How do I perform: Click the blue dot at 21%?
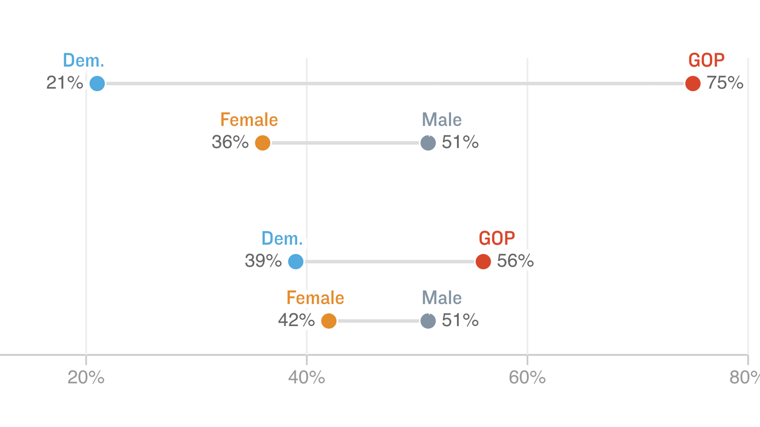pos(97,84)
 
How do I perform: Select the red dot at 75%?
pos(693,84)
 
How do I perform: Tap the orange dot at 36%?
pos(263,143)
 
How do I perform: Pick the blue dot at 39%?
pos(295,262)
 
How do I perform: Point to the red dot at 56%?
pos(483,262)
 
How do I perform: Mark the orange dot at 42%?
pos(329,321)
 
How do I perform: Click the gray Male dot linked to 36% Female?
pos(428,143)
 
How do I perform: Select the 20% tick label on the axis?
pos(86,378)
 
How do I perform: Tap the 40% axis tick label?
pos(307,378)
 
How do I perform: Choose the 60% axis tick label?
pos(527,378)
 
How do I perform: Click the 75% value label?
pos(725,83)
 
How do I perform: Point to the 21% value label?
pos(65,83)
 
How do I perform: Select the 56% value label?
pos(515,261)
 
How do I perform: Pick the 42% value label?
pos(296,320)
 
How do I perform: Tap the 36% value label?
pos(230,142)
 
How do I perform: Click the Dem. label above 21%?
pos(84,60)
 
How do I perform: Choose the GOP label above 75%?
pos(706,60)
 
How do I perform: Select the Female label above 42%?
pos(315,298)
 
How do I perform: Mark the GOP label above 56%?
pos(497,238)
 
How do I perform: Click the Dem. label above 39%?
pos(282,238)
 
